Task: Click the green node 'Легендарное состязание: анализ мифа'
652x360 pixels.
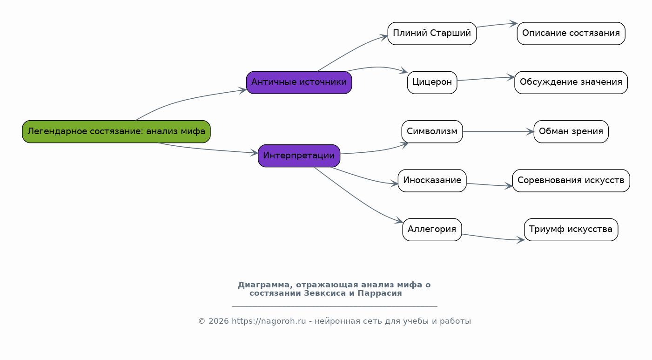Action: click(x=116, y=132)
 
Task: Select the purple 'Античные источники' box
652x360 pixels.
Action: click(x=299, y=82)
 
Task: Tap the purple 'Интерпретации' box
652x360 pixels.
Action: click(x=299, y=156)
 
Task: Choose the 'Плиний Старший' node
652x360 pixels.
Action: click(x=432, y=34)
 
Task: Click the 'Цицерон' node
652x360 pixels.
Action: click(x=432, y=82)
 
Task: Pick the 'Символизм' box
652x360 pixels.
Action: click(x=432, y=132)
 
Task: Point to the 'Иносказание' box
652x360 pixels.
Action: click(x=432, y=181)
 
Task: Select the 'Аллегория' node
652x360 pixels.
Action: click(x=432, y=230)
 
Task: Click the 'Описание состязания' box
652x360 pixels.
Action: click(x=571, y=34)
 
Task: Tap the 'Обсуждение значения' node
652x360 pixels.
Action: click(x=571, y=82)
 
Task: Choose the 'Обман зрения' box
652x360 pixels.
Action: click(x=571, y=132)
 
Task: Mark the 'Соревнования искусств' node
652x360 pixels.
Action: click(x=571, y=181)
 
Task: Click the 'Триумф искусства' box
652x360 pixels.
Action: click(x=571, y=230)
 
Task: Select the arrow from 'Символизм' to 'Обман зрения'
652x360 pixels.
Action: click(x=498, y=132)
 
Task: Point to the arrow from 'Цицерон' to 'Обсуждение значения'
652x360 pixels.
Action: click(x=486, y=79)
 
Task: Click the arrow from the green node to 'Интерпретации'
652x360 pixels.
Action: click(x=208, y=149)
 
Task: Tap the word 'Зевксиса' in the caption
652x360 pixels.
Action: click(x=325, y=293)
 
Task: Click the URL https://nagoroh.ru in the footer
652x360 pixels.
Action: click(x=269, y=321)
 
